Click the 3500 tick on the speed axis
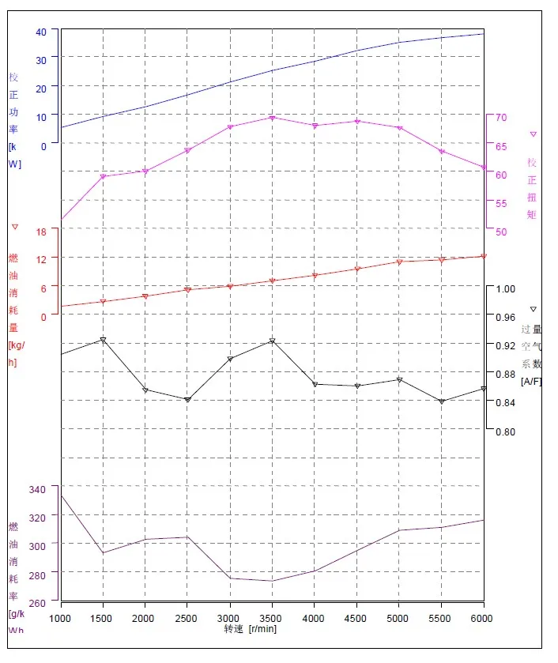pos(272,618)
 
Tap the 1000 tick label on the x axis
pos(61,618)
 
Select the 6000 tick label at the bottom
pos(482,618)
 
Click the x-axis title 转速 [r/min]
pos(250,629)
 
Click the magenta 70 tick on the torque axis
pos(500,118)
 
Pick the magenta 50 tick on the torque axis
pos(500,232)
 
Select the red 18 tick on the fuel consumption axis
pos(42,231)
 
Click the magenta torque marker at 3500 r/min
pos(272,118)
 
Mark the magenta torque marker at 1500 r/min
pos(103,176)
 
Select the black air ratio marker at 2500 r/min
pos(187,400)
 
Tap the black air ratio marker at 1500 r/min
pos(103,340)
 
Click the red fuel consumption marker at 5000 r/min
pos(399,262)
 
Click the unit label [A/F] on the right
pos(531,381)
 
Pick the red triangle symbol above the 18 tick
pos(15,227)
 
